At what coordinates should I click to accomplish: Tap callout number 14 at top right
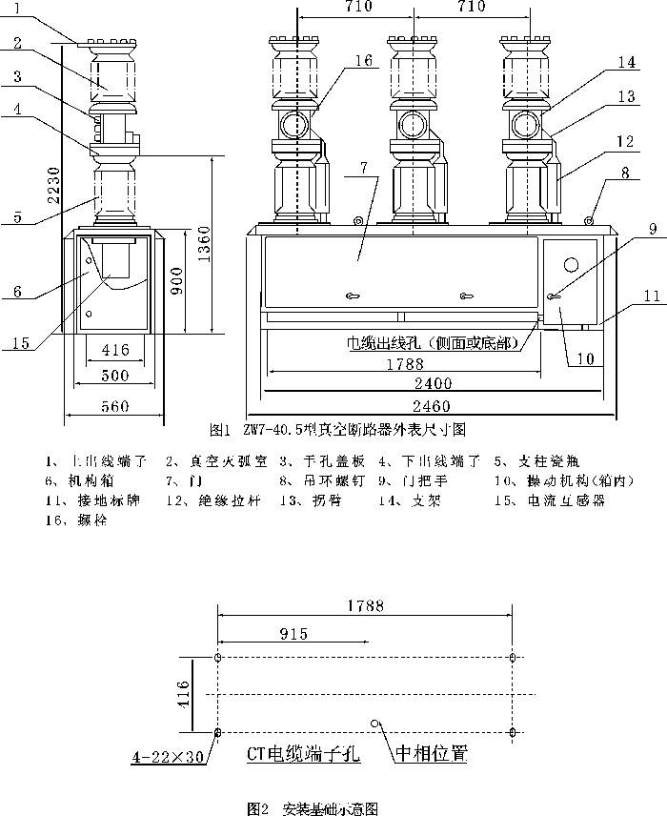[x=625, y=62]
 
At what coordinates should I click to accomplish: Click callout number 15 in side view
[x=20, y=340]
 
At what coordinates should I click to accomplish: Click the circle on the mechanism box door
[x=572, y=264]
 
